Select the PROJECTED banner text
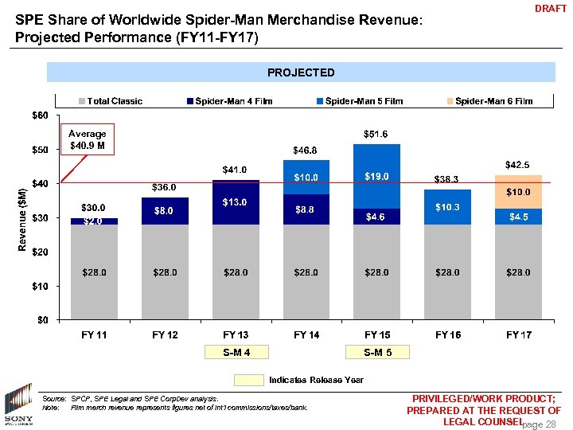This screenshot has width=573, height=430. click(301, 72)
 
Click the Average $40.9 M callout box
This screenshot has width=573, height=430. click(88, 140)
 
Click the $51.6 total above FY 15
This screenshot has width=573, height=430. click(376, 135)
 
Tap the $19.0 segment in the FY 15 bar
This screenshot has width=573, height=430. click(376, 176)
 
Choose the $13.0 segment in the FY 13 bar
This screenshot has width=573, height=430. click(236, 202)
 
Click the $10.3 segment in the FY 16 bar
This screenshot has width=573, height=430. click(447, 207)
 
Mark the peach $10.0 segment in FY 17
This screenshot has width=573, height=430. click(518, 192)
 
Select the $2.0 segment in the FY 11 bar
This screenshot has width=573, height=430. click(94, 221)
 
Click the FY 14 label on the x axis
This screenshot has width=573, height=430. click(306, 335)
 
